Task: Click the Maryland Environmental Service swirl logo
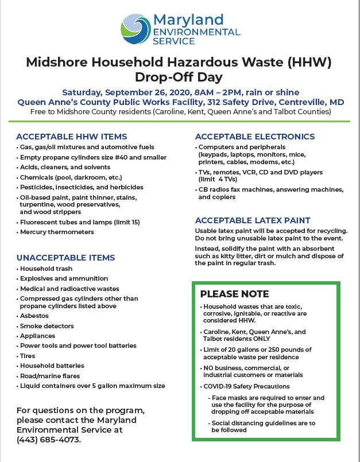click(136, 28)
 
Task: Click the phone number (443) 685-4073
click(49, 440)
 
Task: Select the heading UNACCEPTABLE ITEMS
click(65, 258)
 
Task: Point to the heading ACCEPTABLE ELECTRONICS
click(255, 137)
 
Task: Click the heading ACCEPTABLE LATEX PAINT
click(253, 220)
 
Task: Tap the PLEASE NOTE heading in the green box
click(234, 294)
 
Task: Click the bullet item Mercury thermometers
click(57, 232)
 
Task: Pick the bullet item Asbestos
click(36, 315)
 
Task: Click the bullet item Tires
click(29, 355)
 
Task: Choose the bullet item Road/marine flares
click(52, 375)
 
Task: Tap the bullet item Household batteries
click(52, 366)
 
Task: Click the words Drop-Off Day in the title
click(179, 76)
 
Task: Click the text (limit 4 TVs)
click(222, 178)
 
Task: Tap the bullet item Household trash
click(47, 269)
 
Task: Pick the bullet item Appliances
click(38, 335)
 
